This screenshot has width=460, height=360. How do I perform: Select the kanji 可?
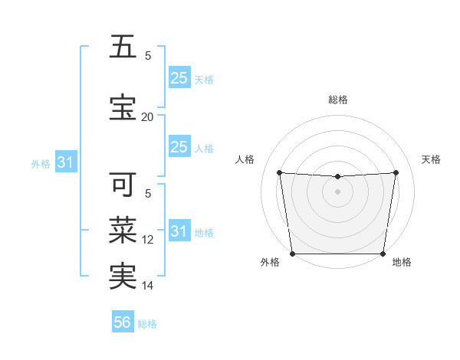coord(123,185)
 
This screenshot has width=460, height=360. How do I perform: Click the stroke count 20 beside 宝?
coord(147,116)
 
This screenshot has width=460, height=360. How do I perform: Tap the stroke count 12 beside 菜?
coord(148,240)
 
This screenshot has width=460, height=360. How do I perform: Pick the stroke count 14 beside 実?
coord(148,286)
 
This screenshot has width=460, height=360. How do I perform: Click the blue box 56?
coord(123,323)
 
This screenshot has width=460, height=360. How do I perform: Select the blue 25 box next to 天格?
coord(179,78)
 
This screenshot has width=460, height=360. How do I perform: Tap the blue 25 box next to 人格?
coord(179,147)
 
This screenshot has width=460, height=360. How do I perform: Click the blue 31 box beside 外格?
coord(65,162)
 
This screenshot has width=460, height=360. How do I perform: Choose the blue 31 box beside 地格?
coord(179,231)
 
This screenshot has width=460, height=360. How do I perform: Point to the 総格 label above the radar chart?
coord(338,100)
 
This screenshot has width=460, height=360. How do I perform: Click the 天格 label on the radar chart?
coord(432,159)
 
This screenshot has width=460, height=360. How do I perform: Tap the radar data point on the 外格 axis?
coord(293,254)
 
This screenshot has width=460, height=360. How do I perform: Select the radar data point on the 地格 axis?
coord(383,254)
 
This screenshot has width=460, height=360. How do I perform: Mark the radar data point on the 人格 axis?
coord(279,173)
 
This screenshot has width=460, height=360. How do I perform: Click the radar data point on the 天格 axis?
coord(396,173)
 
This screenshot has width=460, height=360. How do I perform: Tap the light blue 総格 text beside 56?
coord(147,324)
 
